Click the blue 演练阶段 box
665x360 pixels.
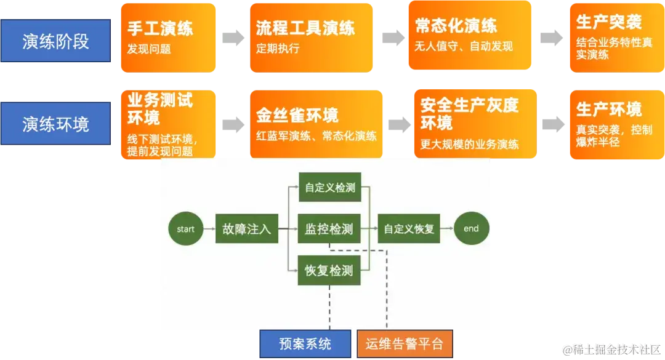(55, 41)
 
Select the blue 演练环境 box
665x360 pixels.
(55, 124)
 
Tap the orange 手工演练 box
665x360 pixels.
(168, 37)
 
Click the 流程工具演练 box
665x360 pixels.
(312, 37)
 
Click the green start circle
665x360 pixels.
(185, 229)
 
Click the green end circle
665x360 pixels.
(471, 229)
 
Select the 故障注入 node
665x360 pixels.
(246, 229)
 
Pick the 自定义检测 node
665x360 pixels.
(330, 188)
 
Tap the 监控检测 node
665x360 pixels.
(329, 229)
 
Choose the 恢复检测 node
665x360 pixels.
(329, 270)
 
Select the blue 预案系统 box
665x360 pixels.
(305, 344)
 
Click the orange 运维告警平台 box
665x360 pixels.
(405, 344)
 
